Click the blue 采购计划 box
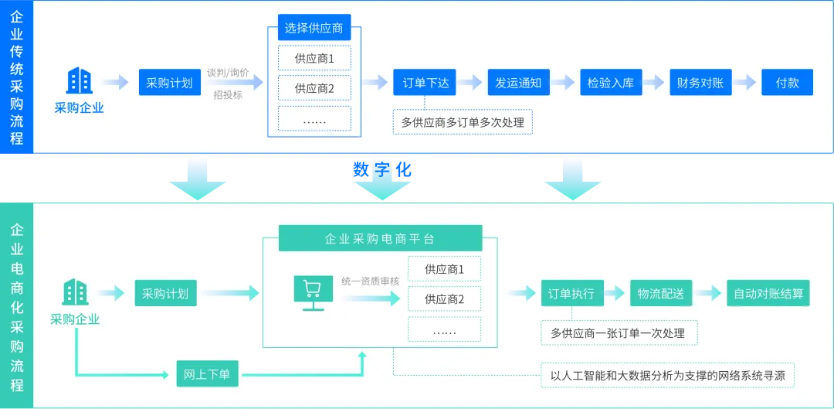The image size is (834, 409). pyautogui.click(x=169, y=83)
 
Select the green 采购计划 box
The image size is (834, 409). pyautogui.click(x=164, y=294)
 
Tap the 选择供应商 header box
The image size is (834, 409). pyautogui.click(x=314, y=29)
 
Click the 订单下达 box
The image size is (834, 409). pyautogui.click(x=425, y=83)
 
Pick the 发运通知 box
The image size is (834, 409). pyautogui.click(x=518, y=83)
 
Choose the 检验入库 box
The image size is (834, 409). pyautogui.click(x=610, y=83)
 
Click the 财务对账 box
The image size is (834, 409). pyautogui.click(x=700, y=83)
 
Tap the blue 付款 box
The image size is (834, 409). pyautogui.click(x=787, y=83)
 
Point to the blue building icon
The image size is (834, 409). pyautogui.click(x=79, y=80)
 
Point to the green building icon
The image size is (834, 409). pyautogui.click(x=75, y=291)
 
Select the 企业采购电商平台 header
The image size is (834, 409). pyautogui.click(x=380, y=238)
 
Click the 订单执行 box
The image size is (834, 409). pyautogui.click(x=571, y=294)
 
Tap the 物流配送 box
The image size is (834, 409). pyautogui.click(x=660, y=294)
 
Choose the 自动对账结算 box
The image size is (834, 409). pyautogui.click(x=768, y=294)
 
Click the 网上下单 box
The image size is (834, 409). pyautogui.click(x=207, y=374)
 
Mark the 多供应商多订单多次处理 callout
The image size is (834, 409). pyautogui.click(x=463, y=122)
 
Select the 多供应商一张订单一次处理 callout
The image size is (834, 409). pyautogui.click(x=618, y=333)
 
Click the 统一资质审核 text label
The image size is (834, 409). pyautogui.click(x=371, y=280)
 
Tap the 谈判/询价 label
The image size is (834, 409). pyautogui.click(x=228, y=73)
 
